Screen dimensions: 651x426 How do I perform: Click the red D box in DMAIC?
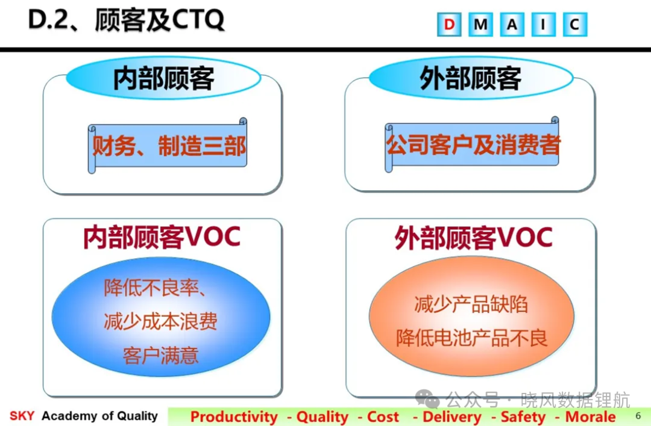[449, 25]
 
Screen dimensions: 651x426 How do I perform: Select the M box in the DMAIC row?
[481, 25]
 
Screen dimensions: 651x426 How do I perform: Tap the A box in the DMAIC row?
[512, 25]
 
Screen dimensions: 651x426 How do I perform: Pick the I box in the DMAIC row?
[544, 25]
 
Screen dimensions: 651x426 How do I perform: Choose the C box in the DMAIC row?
[575, 25]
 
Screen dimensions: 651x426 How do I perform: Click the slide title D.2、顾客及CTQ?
[126, 19]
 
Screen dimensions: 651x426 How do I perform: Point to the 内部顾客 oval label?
[163, 78]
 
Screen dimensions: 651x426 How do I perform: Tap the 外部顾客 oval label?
[471, 78]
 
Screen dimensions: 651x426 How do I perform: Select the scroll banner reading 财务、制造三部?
[168, 146]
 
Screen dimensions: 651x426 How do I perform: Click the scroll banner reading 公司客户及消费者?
[473, 144]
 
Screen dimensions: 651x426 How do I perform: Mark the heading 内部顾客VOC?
[162, 237]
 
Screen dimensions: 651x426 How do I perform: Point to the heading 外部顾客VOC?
[473, 238]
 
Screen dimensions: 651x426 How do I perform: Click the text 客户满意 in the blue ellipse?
[161, 356]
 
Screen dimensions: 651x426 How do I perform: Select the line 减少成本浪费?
[161, 321]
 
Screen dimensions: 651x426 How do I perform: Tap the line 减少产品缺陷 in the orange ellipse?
[471, 304]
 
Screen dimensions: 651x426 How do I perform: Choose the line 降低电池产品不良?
[471, 338]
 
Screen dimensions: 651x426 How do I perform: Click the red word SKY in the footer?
[22, 416]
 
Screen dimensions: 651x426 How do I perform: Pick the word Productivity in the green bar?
[234, 417]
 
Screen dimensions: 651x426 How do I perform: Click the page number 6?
[638, 416]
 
